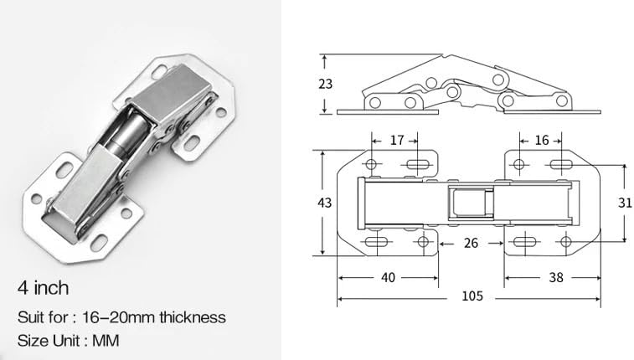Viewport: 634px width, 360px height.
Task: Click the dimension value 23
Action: (x=326, y=84)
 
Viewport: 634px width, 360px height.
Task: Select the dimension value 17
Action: (x=397, y=140)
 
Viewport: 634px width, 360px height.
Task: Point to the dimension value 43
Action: (x=326, y=203)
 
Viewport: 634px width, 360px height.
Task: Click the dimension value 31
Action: (x=624, y=203)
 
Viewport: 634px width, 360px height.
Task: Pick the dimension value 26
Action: (x=472, y=244)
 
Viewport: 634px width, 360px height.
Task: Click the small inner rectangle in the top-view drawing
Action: (x=470, y=203)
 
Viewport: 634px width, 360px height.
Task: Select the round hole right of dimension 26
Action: (x=566, y=243)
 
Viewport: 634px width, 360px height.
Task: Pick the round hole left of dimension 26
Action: (x=423, y=243)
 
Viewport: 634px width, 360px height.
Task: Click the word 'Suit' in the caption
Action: (x=31, y=317)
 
